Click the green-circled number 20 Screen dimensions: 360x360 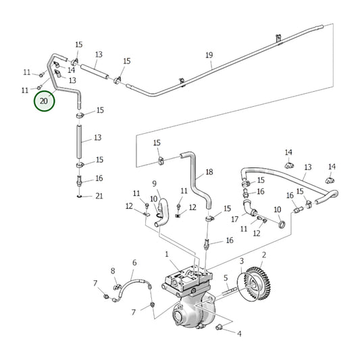(x=45, y=102)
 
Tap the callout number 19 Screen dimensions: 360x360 (x=209, y=55)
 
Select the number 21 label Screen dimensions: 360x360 (x=99, y=196)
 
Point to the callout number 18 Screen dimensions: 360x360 (x=209, y=172)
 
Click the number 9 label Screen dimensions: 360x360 (x=154, y=183)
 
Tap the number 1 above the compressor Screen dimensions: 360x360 (x=166, y=254)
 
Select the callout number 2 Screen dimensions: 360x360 (x=264, y=255)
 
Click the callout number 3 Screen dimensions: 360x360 (x=242, y=260)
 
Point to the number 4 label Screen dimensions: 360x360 (x=239, y=333)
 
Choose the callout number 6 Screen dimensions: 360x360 (x=134, y=263)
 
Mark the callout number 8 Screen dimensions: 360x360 (x=113, y=271)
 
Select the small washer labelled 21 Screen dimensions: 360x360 (x=80, y=197)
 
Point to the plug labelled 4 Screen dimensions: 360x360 (x=220, y=328)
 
